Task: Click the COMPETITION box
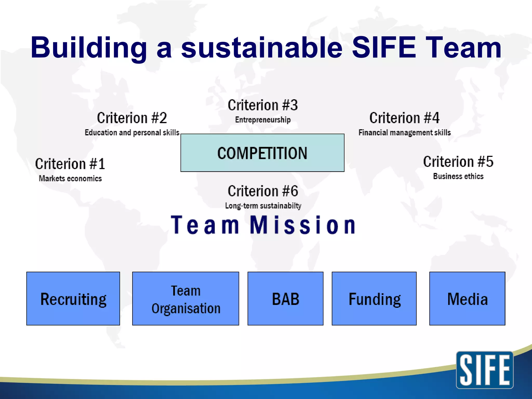262,153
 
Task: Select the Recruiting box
73,298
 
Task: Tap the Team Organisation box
185,298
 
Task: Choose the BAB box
285,298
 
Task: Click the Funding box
374,298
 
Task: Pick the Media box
467,298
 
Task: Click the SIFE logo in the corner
484,370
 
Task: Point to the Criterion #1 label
70,164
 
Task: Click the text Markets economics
70,178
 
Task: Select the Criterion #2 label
132,118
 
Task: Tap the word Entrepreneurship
263,120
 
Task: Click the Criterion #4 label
404,118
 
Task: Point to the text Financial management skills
404,132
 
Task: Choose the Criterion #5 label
458,162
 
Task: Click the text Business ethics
458,176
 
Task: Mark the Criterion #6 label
263,191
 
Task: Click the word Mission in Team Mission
303,225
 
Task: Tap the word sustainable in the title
262,48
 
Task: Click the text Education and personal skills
132,132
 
